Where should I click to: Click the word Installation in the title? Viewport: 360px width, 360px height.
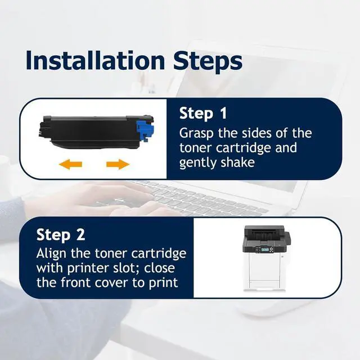96,60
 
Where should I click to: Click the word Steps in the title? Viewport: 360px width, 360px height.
208,62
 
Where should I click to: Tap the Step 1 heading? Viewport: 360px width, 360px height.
203,113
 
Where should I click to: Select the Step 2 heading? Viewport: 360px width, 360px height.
61,235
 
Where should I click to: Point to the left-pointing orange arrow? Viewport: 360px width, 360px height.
70,164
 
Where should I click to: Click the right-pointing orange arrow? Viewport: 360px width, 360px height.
118,164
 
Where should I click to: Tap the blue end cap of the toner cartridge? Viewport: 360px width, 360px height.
145,129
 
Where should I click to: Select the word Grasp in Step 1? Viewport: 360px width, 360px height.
196,134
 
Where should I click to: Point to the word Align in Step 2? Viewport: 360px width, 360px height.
51,254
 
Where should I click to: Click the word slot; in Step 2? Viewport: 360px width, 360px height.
129,268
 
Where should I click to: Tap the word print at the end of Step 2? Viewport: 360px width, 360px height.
164,283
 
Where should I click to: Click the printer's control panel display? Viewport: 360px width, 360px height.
265,249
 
